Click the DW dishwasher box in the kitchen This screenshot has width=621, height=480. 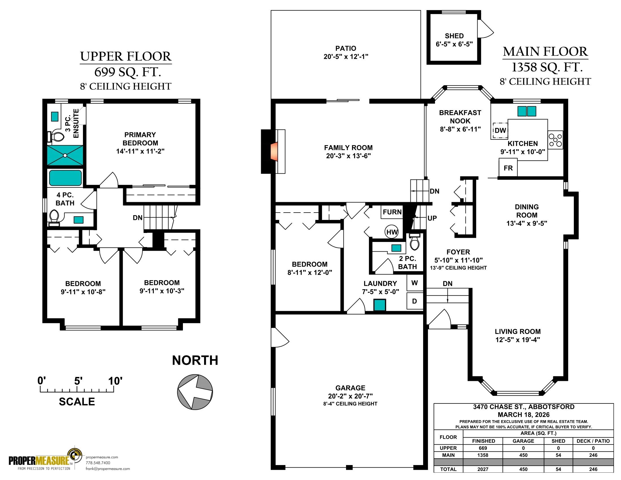click(x=500, y=130)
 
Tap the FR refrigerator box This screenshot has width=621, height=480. click(x=508, y=168)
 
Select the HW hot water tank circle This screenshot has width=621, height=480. click(x=392, y=232)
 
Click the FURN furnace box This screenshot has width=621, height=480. click(x=392, y=212)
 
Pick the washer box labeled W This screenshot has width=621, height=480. click(x=415, y=283)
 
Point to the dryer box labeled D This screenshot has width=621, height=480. click(x=415, y=301)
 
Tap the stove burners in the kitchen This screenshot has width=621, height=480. click(x=555, y=139)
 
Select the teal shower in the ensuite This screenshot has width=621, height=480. click(x=65, y=155)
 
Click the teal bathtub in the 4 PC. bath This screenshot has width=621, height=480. click(x=65, y=178)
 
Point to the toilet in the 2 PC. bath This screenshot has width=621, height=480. click(x=415, y=241)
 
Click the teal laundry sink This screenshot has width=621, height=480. click(x=380, y=305)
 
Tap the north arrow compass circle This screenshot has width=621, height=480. click(x=195, y=392)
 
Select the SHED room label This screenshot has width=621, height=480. click(x=454, y=36)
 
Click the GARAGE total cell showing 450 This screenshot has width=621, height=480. click(x=523, y=470)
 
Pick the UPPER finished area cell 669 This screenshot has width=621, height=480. click(x=483, y=448)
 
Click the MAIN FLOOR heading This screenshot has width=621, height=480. click(x=545, y=51)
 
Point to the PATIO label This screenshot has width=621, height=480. click(x=346, y=48)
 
